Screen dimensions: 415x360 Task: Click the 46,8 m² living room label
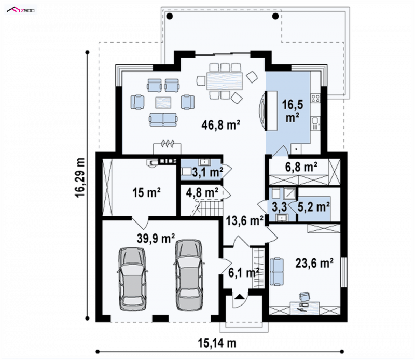[x=221, y=124]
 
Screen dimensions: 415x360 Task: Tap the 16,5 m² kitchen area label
[x=293, y=111]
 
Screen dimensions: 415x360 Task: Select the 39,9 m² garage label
[x=156, y=238]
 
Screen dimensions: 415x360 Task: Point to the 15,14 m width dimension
[x=217, y=343]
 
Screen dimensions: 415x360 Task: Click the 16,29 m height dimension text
[x=80, y=177]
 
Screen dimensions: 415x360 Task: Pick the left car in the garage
[x=132, y=279]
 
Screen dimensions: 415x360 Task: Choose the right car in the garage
[x=189, y=275]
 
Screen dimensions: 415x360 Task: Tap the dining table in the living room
[x=225, y=81]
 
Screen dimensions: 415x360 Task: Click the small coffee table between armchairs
[x=163, y=103]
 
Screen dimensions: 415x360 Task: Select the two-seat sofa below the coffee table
[x=163, y=120]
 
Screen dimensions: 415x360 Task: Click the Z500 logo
[x=21, y=10]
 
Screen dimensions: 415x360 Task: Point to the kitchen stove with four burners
[x=315, y=98]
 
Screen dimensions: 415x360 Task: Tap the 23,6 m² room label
[x=314, y=264]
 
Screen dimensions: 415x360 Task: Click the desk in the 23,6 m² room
[x=305, y=308]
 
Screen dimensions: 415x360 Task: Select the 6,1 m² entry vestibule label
[x=243, y=273]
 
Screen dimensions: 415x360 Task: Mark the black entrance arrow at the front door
[x=239, y=296]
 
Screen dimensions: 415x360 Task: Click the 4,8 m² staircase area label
[x=202, y=192]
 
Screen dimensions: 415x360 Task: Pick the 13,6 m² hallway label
[x=244, y=220]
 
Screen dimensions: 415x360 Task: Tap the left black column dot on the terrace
[x=170, y=16]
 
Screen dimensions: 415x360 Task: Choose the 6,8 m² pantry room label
[x=301, y=167]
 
